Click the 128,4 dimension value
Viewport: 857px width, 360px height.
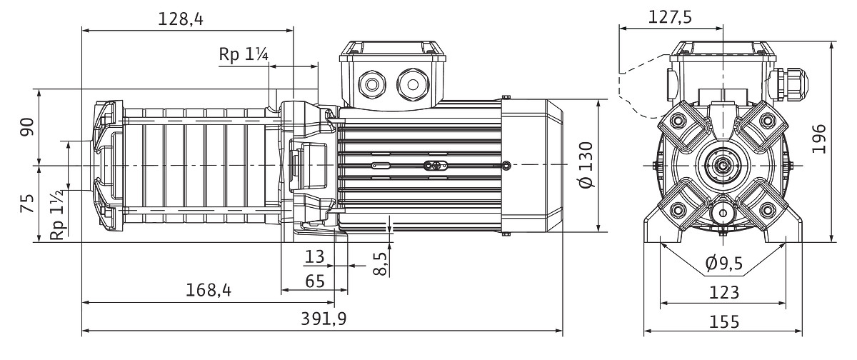click(181, 19)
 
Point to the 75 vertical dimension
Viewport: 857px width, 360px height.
click(26, 203)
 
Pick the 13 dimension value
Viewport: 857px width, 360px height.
click(314, 256)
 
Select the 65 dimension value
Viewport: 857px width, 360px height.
click(315, 281)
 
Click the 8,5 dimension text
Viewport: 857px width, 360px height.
click(381, 263)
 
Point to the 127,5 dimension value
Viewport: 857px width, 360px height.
click(670, 18)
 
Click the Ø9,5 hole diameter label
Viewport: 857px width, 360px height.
click(723, 264)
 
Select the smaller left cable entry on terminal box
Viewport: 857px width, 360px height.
click(372, 85)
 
